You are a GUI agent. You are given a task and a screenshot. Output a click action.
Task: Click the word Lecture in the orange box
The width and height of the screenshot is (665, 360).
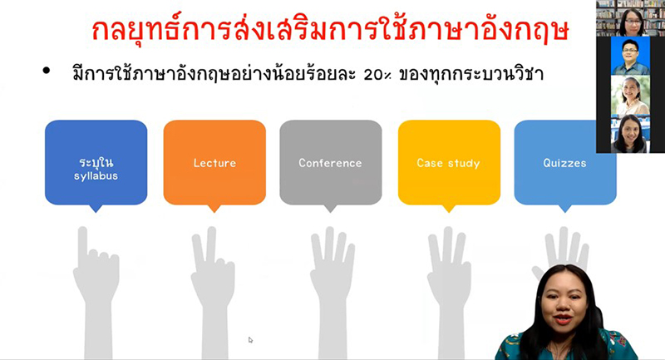click(214, 163)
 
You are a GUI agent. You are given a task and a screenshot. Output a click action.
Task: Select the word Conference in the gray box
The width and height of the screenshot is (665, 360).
click(330, 163)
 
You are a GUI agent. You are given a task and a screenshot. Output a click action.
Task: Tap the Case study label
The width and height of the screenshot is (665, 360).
click(448, 163)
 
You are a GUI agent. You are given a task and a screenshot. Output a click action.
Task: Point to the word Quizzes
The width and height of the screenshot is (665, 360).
click(565, 163)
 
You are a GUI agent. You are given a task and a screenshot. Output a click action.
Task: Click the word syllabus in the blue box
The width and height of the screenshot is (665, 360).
click(96, 176)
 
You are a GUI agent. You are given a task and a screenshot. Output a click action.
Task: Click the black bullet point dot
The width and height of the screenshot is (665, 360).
click(47, 71)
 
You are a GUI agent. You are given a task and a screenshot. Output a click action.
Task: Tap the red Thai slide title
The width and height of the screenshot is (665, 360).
click(330, 30)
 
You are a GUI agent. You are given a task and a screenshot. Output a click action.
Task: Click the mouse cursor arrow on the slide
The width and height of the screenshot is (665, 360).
click(250, 340)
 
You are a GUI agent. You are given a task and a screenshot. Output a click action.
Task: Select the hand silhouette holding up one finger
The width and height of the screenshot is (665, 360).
click(96, 293)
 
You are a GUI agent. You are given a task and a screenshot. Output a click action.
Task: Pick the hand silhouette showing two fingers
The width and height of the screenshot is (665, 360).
click(213, 293)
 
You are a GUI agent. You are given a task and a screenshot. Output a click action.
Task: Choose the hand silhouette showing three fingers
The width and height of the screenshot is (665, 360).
click(332, 293)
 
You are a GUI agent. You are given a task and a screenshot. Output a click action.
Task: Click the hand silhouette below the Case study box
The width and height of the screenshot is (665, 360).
click(449, 293)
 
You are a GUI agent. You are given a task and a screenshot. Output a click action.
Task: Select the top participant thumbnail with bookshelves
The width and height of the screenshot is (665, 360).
click(630, 18)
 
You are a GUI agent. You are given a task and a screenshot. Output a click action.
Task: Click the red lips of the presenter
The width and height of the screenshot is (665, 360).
click(563, 318)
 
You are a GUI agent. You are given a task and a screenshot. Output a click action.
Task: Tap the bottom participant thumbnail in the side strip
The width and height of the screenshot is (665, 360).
click(630, 134)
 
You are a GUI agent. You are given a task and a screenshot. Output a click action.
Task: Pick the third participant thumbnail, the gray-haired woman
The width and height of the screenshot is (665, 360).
click(630, 95)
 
